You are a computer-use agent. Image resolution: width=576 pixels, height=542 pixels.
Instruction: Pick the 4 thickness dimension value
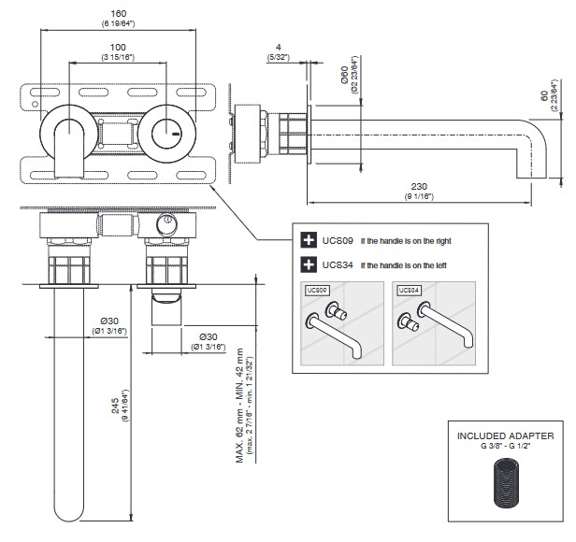[x=278, y=48]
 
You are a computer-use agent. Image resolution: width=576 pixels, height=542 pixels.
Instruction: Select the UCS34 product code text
[x=335, y=264]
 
